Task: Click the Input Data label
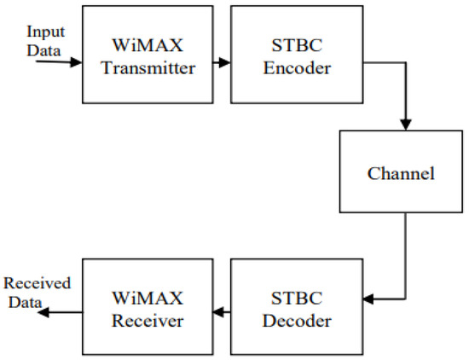[44, 39]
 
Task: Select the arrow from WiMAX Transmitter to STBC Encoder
[219, 62]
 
